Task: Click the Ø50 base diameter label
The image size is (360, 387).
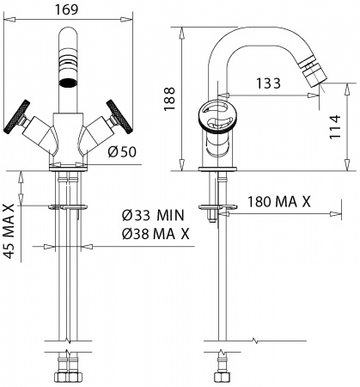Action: (123, 152)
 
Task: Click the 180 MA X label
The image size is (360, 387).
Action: (278, 202)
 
